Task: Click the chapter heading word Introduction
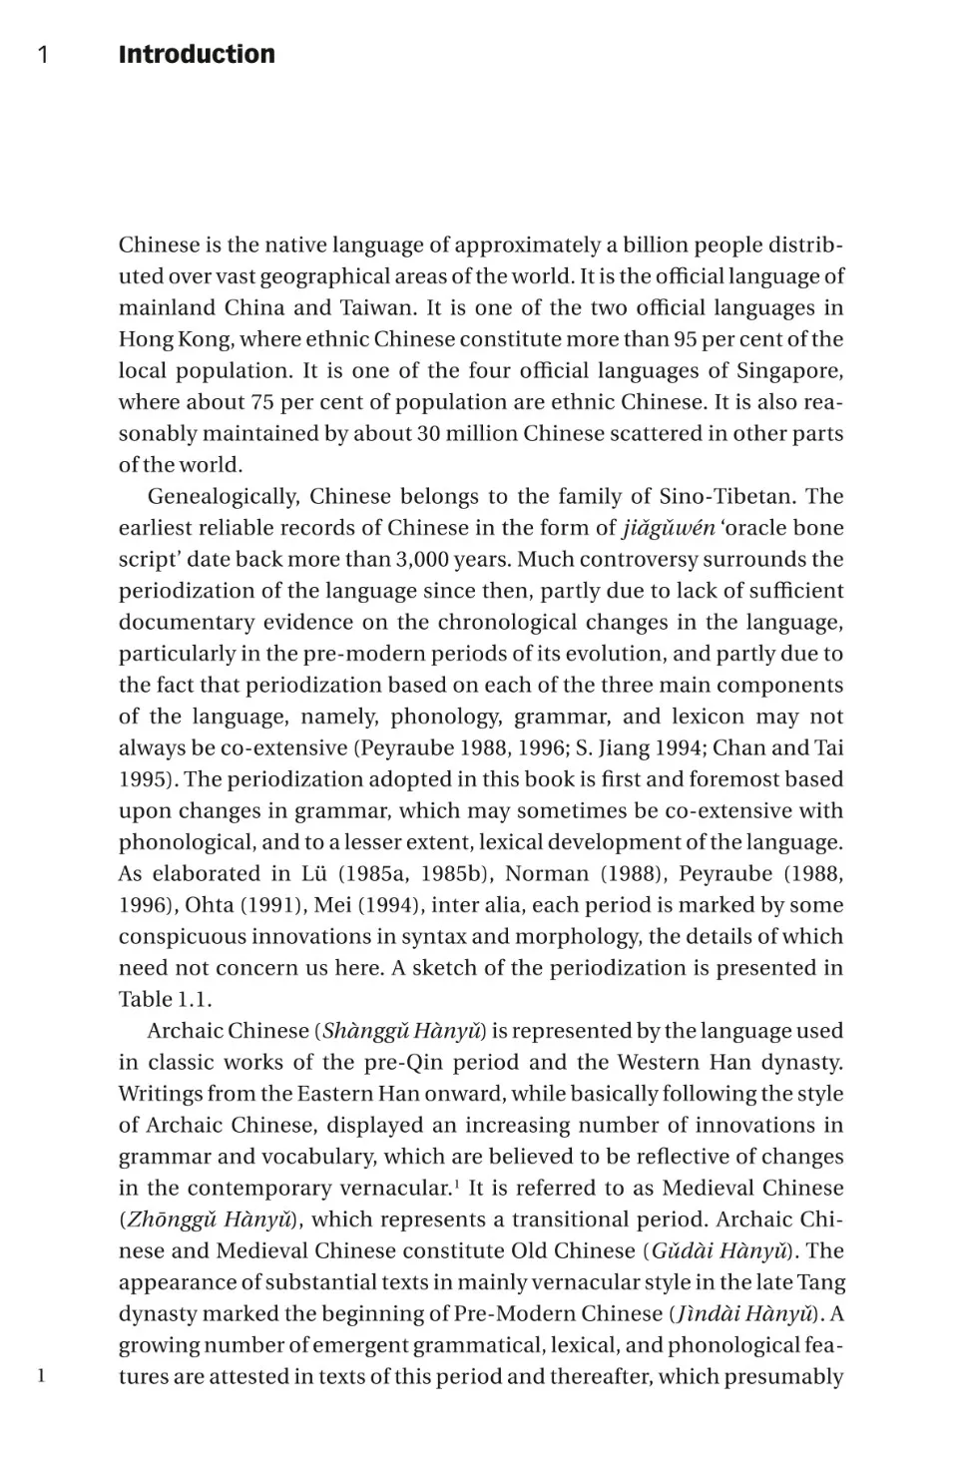click(x=197, y=54)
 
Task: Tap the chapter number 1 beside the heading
click(x=43, y=55)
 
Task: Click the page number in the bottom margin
click(x=42, y=1376)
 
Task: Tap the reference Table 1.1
click(x=165, y=1000)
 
